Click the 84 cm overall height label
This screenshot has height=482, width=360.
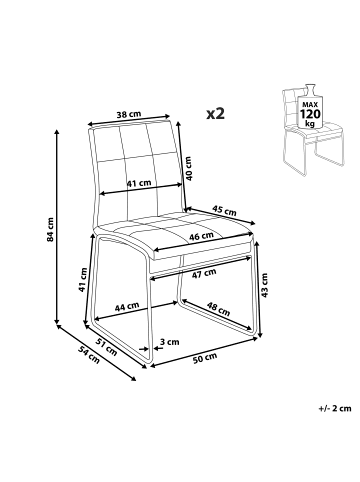pos(50,230)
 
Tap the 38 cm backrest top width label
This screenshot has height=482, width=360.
pos(129,114)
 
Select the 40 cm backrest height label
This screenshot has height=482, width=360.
pos(189,169)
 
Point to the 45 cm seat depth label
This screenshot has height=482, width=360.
pos(224,210)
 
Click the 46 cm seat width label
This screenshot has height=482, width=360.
pos(201,236)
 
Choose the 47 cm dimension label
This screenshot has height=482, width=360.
pos(204,273)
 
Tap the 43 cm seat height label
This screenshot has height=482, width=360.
pos(264,285)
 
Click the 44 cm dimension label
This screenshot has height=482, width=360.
pos(127,306)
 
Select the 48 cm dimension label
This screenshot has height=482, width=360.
pos(218,309)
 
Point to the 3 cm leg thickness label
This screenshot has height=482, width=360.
pos(169,342)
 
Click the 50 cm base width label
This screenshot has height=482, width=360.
pos(205,357)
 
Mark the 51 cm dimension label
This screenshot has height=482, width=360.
pos(107,346)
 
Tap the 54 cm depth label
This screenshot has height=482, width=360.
pos(89,354)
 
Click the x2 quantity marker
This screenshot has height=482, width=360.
pos(215,114)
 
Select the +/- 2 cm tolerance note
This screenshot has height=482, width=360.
pos(335,408)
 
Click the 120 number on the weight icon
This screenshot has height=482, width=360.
pos(310,114)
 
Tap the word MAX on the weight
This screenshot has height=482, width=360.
pos(310,105)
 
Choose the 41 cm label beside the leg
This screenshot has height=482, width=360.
pos(83,280)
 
